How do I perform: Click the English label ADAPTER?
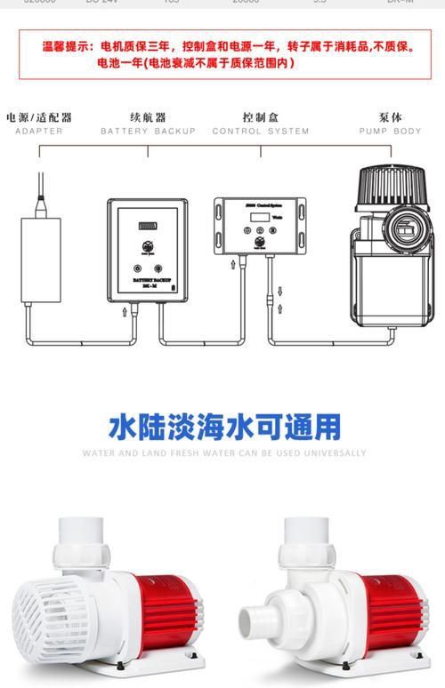tap(39, 132)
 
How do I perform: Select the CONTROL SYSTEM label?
tap(261, 132)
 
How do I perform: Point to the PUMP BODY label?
tap(390, 132)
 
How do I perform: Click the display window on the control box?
tap(261, 216)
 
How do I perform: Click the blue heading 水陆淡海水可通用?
tap(224, 427)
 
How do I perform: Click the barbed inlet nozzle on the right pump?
tap(255, 620)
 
